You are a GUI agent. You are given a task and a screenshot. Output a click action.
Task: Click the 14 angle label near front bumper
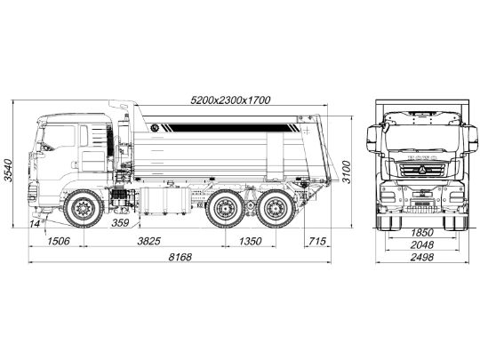(x=35, y=223)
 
